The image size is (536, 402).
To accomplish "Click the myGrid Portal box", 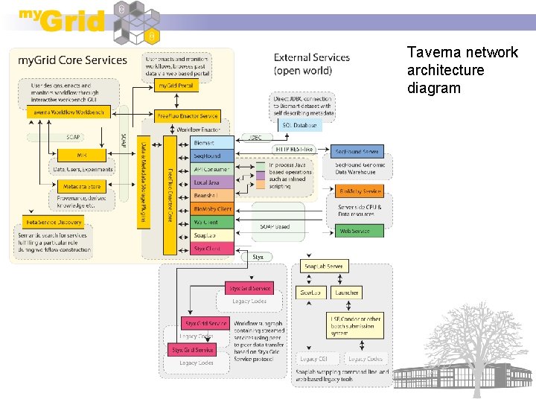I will click(x=177, y=86).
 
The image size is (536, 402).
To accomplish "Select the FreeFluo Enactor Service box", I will click(x=188, y=116).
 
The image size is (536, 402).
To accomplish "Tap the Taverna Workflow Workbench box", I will click(x=69, y=112).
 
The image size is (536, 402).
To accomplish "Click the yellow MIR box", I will click(x=81, y=154).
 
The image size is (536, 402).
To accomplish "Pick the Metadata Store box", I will click(x=82, y=186).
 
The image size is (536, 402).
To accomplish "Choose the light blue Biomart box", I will click(x=204, y=142).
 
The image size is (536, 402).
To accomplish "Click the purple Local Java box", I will click(x=205, y=182).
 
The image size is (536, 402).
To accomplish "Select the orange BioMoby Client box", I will click(x=212, y=209).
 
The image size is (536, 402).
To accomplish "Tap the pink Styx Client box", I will click(x=207, y=249).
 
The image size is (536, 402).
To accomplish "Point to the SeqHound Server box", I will click(x=357, y=151).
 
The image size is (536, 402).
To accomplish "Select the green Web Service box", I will click(x=355, y=232).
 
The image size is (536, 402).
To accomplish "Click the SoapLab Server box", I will click(x=325, y=266).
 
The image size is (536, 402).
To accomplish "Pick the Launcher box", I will click(x=347, y=293).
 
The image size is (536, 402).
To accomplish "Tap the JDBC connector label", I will click(x=254, y=137).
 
